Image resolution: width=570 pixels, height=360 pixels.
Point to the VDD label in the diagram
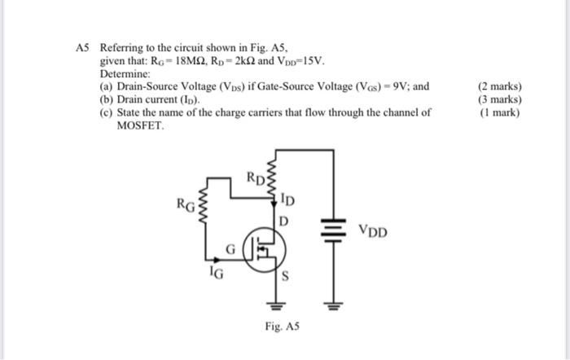[373, 232]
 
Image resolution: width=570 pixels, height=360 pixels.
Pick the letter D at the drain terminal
[284, 221]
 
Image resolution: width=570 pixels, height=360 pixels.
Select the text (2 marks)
[501, 87]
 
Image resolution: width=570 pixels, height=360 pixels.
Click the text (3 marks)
[501, 100]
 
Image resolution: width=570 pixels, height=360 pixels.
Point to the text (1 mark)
[500, 113]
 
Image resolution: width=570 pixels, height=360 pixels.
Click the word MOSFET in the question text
[140, 126]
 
